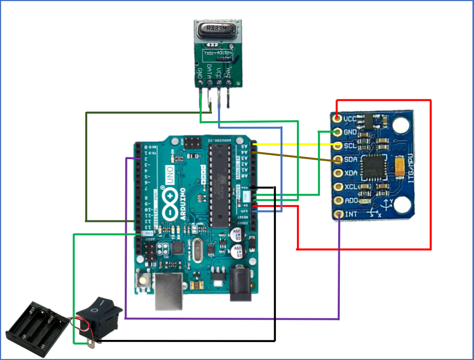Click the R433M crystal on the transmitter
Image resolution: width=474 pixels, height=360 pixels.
(216, 30)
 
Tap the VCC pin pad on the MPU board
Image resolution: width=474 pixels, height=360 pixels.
(339, 118)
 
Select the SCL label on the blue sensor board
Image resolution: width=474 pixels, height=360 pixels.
(350, 146)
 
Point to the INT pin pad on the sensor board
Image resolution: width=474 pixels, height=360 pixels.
(339, 214)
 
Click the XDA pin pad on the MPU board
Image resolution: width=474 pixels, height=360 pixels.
(339, 173)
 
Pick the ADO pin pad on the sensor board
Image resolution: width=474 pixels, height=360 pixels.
(339, 200)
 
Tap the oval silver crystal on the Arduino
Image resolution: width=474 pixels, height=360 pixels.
(198, 247)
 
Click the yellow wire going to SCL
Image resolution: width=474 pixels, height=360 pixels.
(296, 144)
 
